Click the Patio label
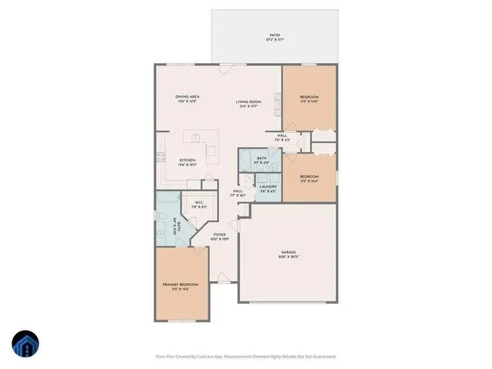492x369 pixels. [x=274, y=36]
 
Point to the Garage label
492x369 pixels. [x=288, y=253]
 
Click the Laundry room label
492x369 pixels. [x=268, y=188]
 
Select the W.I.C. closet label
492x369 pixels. [x=198, y=204]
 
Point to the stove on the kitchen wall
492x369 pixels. [x=161, y=158]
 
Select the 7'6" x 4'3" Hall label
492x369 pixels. [x=282, y=138]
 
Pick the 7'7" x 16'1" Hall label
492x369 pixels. [x=238, y=193]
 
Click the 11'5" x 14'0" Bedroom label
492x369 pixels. [x=310, y=98]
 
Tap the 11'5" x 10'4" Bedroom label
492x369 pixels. [x=309, y=178]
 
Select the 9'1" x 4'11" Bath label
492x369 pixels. [x=261, y=161]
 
